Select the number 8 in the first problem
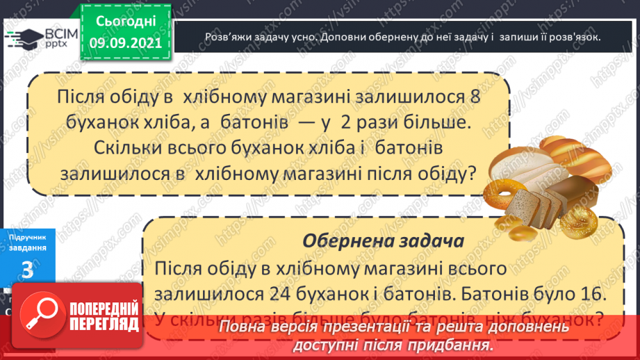pyautogui.click(x=475, y=97)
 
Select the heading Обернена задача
pyautogui.click(x=383, y=242)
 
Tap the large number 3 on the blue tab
pyautogui.click(x=28, y=270)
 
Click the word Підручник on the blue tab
pyautogui.click(x=28, y=237)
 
